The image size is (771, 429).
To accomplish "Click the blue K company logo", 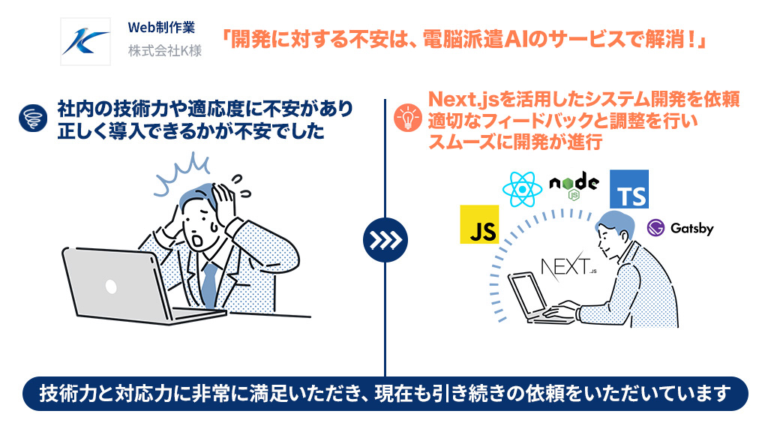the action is pyautogui.click(x=85, y=42).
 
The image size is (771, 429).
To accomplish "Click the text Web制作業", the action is pyautogui.click(x=161, y=28).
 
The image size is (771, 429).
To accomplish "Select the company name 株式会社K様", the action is pyautogui.click(x=165, y=51).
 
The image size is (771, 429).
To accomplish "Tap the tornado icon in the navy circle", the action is pyautogui.click(x=33, y=118).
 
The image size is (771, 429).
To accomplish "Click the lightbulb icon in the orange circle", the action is pyautogui.click(x=408, y=118).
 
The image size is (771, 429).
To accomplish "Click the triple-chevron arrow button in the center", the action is pyautogui.click(x=385, y=239).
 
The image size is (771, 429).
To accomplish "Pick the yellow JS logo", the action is pyautogui.click(x=479, y=225).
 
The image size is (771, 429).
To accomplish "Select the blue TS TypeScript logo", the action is pyautogui.click(x=629, y=190).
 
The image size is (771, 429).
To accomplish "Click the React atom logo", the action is pyautogui.click(x=522, y=190).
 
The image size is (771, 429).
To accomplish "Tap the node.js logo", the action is pyautogui.click(x=574, y=185).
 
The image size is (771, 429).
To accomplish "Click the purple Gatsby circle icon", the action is pyautogui.click(x=656, y=228).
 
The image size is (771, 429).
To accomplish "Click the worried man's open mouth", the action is pyautogui.click(x=198, y=241).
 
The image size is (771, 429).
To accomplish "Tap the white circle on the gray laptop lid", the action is pyautogui.click(x=111, y=286).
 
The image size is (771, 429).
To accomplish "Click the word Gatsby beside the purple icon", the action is pyautogui.click(x=691, y=229).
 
